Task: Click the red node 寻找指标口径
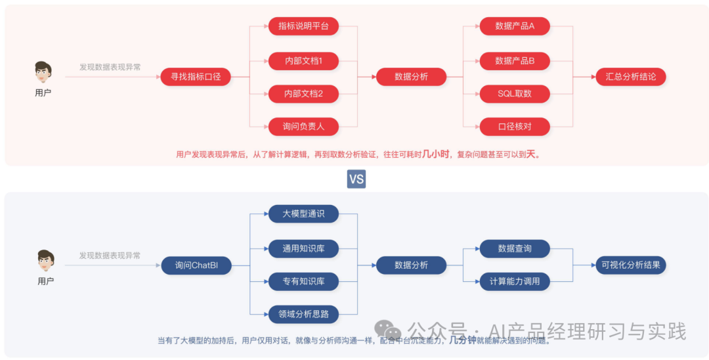pyautogui.click(x=196, y=77)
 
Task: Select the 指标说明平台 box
pyautogui.click(x=303, y=26)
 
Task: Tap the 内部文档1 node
pyautogui.click(x=303, y=61)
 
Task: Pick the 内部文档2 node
pyautogui.click(x=303, y=94)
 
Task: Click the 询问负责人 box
pyautogui.click(x=303, y=126)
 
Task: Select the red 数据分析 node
pyautogui.click(x=411, y=77)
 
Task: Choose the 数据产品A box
pyautogui.click(x=515, y=26)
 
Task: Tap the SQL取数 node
pyautogui.click(x=515, y=94)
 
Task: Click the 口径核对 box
pyautogui.click(x=515, y=126)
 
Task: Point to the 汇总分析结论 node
pyautogui.click(x=630, y=77)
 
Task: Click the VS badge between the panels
pyautogui.click(x=356, y=179)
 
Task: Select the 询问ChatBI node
pyautogui.click(x=196, y=265)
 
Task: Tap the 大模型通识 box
pyautogui.click(x=303, y=214)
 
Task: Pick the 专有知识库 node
pyautogui.click(x=303, y=281)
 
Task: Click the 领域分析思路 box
pyautogui.click(x=303, y=314)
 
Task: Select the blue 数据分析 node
pyautogui.click(x=411, y=265)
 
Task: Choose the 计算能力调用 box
pyautogui.click(x=515, y=281)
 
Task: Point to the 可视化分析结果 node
pyautogui.click(x=630, y=265)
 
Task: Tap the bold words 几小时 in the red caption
pyautogui.click(x=436, y=154)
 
